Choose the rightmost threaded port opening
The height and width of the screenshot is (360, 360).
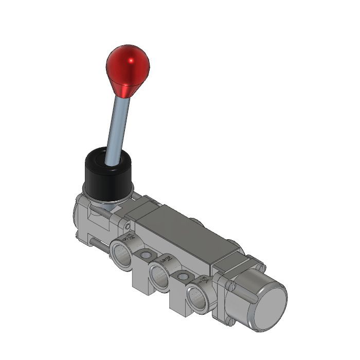coord(198,297)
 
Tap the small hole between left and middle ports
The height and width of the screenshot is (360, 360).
coord(147,255)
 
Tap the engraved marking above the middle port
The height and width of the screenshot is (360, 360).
coord(165,260)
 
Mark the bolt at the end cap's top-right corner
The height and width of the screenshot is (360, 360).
coord(260,268)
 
